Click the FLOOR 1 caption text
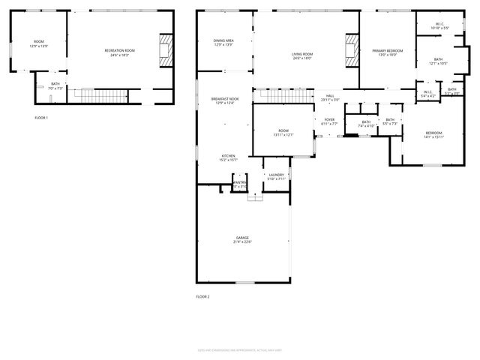[x=41, y=118]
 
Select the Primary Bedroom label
[x=388, y=50]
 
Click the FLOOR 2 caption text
[x=202, y=297]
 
